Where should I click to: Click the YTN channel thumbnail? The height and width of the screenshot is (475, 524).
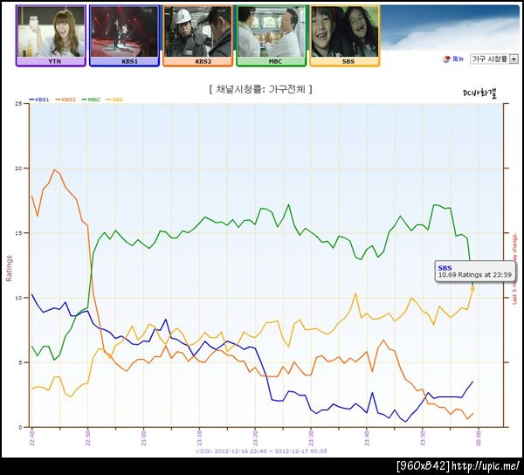(x=51, y=35)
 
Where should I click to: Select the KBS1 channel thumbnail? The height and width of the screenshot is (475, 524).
(x=124, y=35)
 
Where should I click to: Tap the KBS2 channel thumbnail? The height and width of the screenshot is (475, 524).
(x=197, y=35)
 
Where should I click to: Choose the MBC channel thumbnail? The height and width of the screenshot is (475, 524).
(x=271, y=35)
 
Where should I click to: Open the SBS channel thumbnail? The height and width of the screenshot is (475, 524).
(x=344, y=35)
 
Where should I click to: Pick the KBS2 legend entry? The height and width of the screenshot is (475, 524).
(x=67, y=100)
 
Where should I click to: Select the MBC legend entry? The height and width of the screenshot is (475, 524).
(x=92, y=100)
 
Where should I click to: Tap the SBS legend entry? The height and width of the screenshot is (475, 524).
(x=114, y=100)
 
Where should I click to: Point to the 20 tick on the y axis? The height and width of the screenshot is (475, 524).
(x=19, y=168)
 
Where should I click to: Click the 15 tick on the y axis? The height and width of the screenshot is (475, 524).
(x=19, y=232)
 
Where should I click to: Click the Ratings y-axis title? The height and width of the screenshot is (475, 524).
(x=10, y=266)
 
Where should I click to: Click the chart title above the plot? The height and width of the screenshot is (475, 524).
(x=261, y=89)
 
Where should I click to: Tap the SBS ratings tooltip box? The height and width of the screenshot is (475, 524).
(x=468, y=272)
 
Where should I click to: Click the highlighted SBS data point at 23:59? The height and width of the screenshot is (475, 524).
(x=473, y=288)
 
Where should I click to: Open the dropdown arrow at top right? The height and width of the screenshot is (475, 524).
(x=513, y=59)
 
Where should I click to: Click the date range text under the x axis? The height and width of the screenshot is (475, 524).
(x=260, y=451)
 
